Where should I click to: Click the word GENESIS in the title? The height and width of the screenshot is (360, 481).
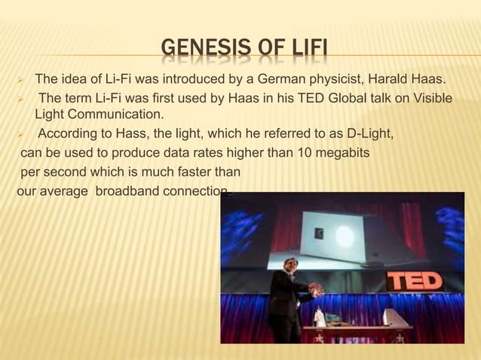point(196,52)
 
